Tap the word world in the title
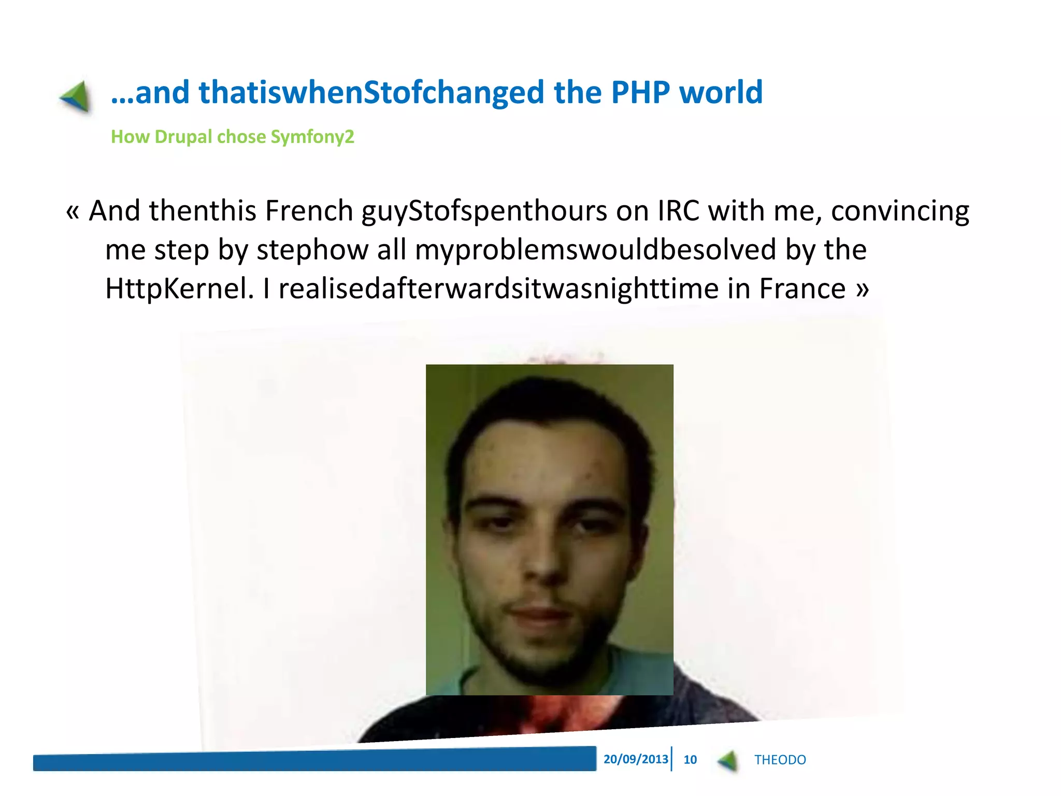pyautogui.click(x=721, y=92)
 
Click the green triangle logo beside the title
pyautogui.click(x=76, y=96)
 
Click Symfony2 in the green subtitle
pyautogui.click(x=312, y=137)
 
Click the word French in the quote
pyautogui.click(x=309, y=211)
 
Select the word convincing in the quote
pyautogui.click(x=900, y=211)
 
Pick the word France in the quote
pyautogui.click(x=802, y=289)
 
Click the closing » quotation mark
pyautogui.click(x=862, y=289)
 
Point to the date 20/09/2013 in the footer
pyautogui.click(x=636, y=759)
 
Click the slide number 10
pyautogui.click(x=690, y=760)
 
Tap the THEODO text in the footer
pyautogui.click(x=780, y=760)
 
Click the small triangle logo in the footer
pyautogui.click(x=728, y=761)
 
